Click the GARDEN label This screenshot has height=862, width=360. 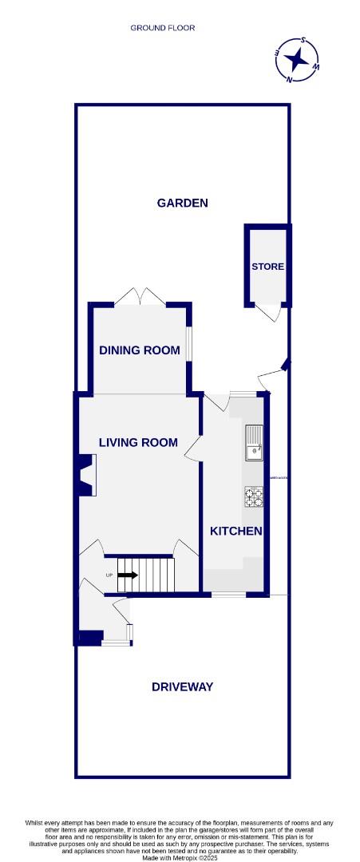182,203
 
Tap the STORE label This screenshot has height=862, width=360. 267,267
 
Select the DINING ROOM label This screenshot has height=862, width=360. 140,350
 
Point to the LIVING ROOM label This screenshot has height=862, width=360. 138,442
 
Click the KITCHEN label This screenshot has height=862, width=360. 235,531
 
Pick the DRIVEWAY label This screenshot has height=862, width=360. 182,686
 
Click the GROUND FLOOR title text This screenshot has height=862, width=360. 163,28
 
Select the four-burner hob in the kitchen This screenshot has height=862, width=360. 255,496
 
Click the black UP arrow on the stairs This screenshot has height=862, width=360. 127,574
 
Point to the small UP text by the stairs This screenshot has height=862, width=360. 109,575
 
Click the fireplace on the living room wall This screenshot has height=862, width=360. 85,474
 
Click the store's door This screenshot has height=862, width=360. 274,313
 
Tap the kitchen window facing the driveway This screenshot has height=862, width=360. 228,595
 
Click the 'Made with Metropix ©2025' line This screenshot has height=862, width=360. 180,857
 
